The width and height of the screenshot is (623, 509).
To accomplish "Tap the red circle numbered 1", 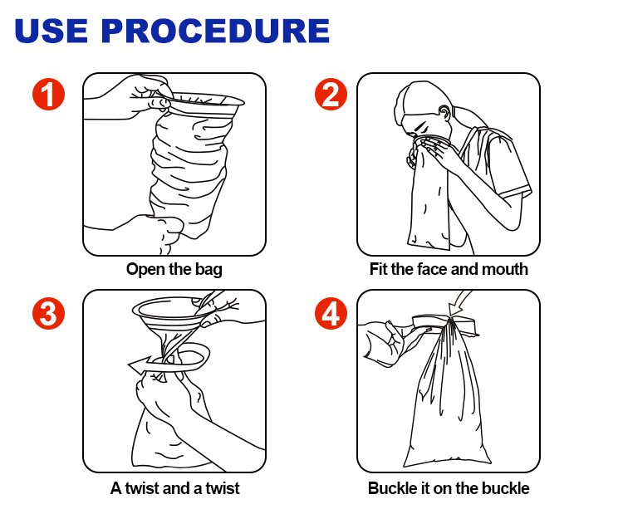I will [x=50, y=94].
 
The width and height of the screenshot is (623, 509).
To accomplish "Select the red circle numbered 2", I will [x=331, y=94].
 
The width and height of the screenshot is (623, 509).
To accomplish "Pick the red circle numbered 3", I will [x=50, y=313].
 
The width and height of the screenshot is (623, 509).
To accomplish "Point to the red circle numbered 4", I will [x=331, y=313].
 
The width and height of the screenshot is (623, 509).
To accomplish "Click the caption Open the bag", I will [x=174, y=269].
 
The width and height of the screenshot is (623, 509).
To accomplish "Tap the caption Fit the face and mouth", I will [x=449, y=269].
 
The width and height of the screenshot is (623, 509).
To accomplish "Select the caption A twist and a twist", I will [x=174, y=487].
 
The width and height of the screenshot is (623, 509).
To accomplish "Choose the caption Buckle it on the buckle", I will [x=449, y=487].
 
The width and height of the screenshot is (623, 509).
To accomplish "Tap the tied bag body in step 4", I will [x=444, y=399].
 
